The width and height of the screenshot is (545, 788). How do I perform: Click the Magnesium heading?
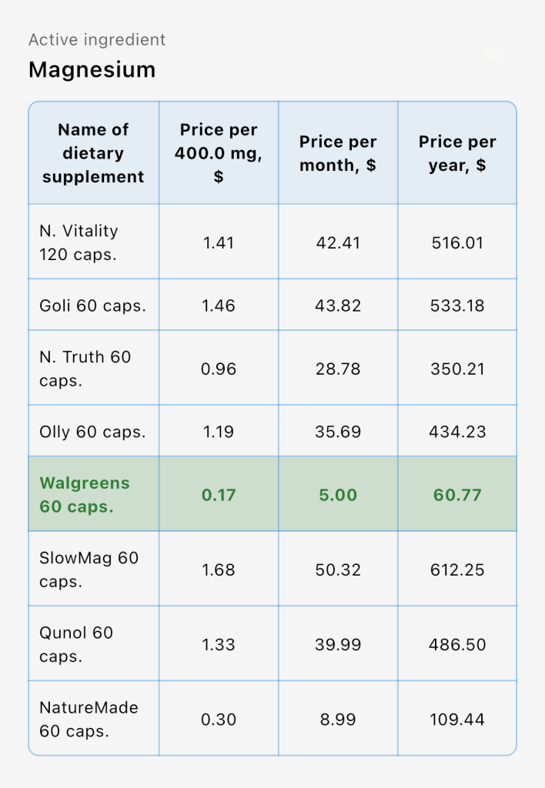pyautogui.click(x=92, y=70)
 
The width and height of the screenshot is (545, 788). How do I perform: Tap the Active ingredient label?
pyautogui.click(x=97, y=40)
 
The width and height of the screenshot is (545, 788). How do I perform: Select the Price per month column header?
pyautogui.click(x=338, y=153)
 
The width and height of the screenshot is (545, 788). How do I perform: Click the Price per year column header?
pyautogui.click(x=457, y=153)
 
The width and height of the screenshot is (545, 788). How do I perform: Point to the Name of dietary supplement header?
pyautogui.click(x=93, y=153)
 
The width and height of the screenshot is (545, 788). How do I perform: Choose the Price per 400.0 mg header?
pyautogui.click(x=219, y=153)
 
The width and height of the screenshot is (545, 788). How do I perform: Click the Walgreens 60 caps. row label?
pyautogui.click(x=85, y=494)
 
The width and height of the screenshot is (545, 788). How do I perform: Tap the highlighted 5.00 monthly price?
pyautogui.click(x=338, y=495)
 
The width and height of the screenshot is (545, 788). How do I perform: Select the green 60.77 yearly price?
pyautogui.click(x=457, y=495)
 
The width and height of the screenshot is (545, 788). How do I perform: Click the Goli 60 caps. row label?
pyautogui.click(x=92, y=306)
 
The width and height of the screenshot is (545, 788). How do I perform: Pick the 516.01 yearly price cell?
pyautogui.click(x=457, y=243)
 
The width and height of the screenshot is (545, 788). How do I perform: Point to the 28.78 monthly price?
pyautogui.click(x=338, y=369)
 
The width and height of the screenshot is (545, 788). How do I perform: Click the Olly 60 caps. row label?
pyautogui.click(x=92, y=432)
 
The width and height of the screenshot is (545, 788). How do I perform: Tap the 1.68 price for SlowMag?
pyautogui.click(x=219, y=569)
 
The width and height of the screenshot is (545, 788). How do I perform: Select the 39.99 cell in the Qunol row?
pyautogui.click(x=338, y=644)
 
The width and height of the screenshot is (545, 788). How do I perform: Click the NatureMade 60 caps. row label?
pyautogui.click(x=89, y=719)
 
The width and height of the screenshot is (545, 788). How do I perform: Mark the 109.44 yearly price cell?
pyautogui.click(x=457, y=720)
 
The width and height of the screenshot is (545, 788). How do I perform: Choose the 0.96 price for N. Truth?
pyautogui.click(x=219, y=369)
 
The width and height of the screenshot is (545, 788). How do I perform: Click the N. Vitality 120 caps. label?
pyautogui.click(x=79, y=242)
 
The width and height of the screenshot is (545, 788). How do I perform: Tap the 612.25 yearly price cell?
pyautogui.click(x=457, y=569)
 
